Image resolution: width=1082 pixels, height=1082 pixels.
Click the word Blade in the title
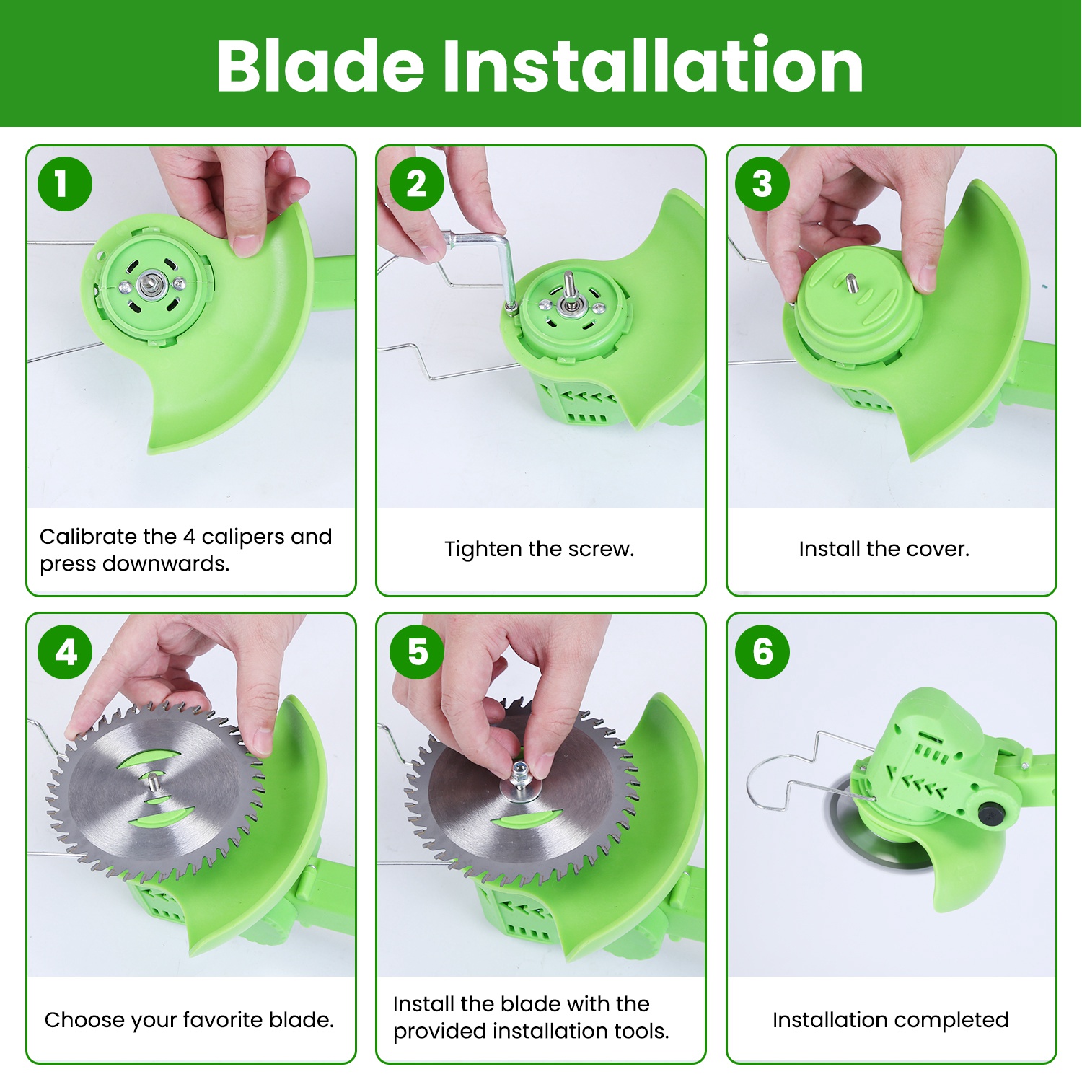[x=320, y=66]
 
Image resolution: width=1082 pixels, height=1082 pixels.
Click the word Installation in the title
[x=653, y=66]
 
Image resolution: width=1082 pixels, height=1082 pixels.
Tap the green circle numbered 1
[x=65, y=184]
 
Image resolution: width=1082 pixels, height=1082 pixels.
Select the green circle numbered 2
[x=416, y=184]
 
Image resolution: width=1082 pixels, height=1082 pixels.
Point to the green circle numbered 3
[x=762, y=184]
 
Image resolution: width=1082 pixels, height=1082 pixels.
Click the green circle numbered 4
[x=65, y=652]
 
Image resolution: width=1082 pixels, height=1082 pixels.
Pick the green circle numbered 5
[x=416, y=652]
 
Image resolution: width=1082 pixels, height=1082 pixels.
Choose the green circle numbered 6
[x=762, y=652]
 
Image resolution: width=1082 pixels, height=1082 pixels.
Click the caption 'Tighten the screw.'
[x=540, y=549]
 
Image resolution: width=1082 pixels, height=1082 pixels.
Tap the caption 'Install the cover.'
[x=884, y=549]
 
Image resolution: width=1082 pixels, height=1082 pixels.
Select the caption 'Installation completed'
[x=890, y=1020]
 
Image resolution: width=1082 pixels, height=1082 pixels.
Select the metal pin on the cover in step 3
[x=851, y=282]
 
